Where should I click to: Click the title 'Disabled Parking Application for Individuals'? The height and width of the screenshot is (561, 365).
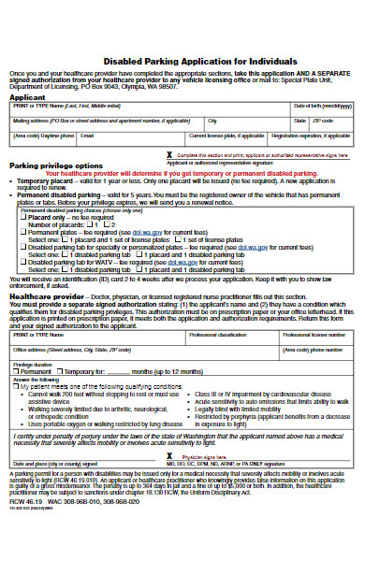pos(182,56)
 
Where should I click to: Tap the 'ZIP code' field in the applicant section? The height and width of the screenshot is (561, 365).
pos(333,125)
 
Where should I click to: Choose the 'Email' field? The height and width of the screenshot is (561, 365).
pos(131,139)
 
